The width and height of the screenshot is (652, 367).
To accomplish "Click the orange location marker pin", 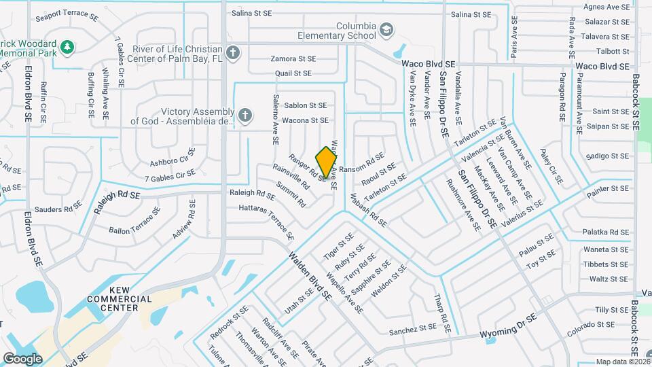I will tap(327, 162).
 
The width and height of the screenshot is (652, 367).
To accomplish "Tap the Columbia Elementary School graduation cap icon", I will tap(386, 30).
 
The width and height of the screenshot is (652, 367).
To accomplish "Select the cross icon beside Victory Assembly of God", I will tap(244, 116).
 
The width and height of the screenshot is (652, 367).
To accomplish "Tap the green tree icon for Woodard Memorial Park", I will tap(67, 47).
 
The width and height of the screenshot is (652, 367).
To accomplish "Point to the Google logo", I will tap(23, 358).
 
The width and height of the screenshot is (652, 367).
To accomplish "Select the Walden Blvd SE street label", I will tap(310, 277).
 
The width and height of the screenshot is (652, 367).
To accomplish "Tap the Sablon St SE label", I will tap(306, 105).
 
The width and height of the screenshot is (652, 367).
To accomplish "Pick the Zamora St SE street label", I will tap(293, 58).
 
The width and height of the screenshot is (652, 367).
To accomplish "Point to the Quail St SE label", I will tap(293, 73).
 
